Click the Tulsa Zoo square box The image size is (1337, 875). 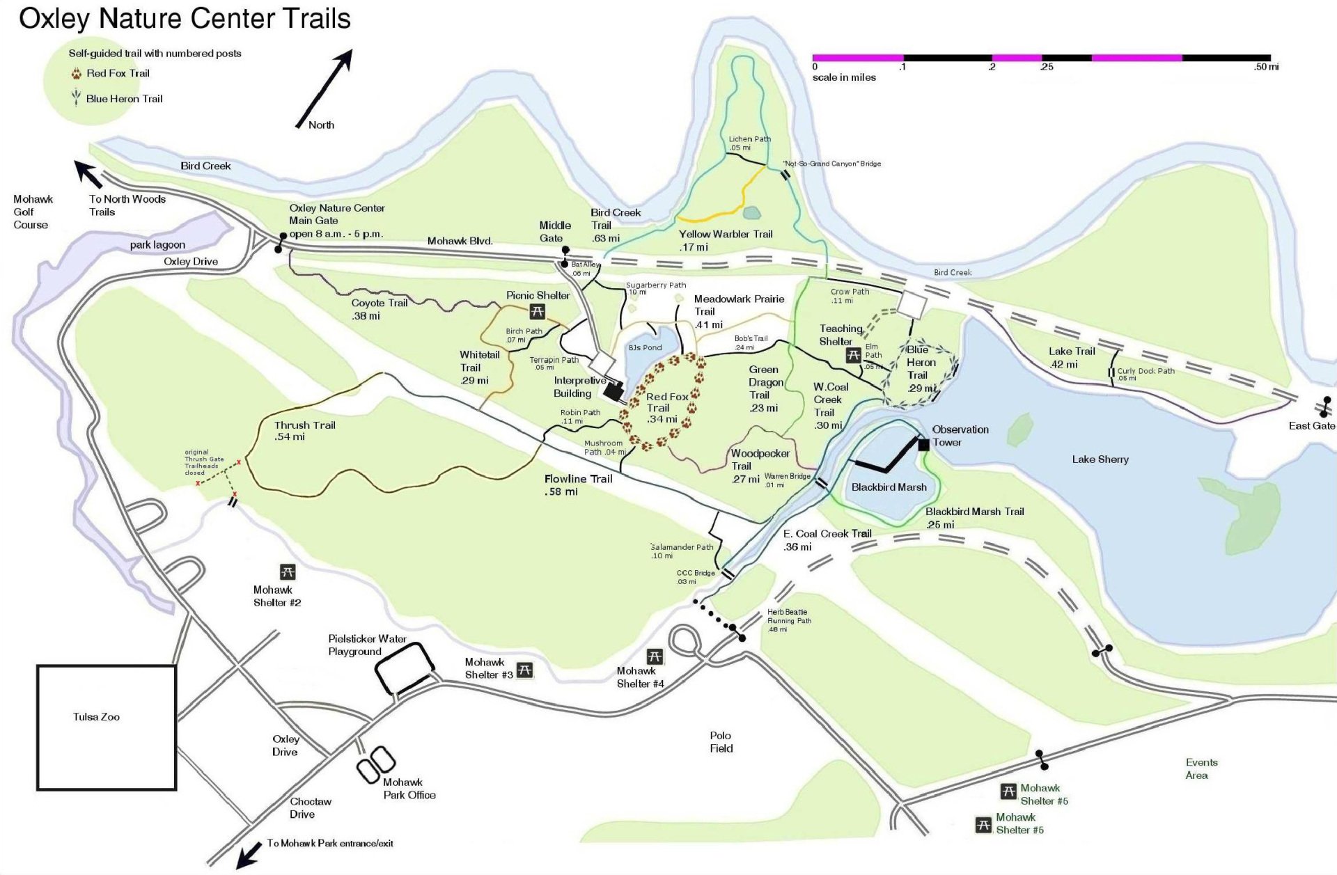tap(106, 727)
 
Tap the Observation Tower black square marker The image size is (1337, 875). tap(923, 445)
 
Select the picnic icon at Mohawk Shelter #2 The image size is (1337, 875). tap(288, 572)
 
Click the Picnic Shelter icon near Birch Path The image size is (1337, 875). tap(537, 311)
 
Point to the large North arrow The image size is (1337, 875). tap(325, 88)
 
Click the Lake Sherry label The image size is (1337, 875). tap(1100, 459)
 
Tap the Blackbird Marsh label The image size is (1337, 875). tap(889, 487)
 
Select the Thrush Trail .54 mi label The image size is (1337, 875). tap(304, 431)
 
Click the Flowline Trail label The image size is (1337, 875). tap(578, 485)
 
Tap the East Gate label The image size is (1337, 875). tap(1311, 425)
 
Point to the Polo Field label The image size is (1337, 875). tap(721, 742)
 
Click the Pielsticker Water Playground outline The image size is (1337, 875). tap(404, 668)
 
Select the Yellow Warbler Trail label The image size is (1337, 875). tap(726, 240)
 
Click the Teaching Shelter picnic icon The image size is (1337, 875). tap(853, 356)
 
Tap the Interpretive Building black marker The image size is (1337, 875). tap(613, 391)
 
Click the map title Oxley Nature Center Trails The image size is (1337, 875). tap(185, 19)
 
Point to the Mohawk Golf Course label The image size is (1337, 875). tap(32, 212)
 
